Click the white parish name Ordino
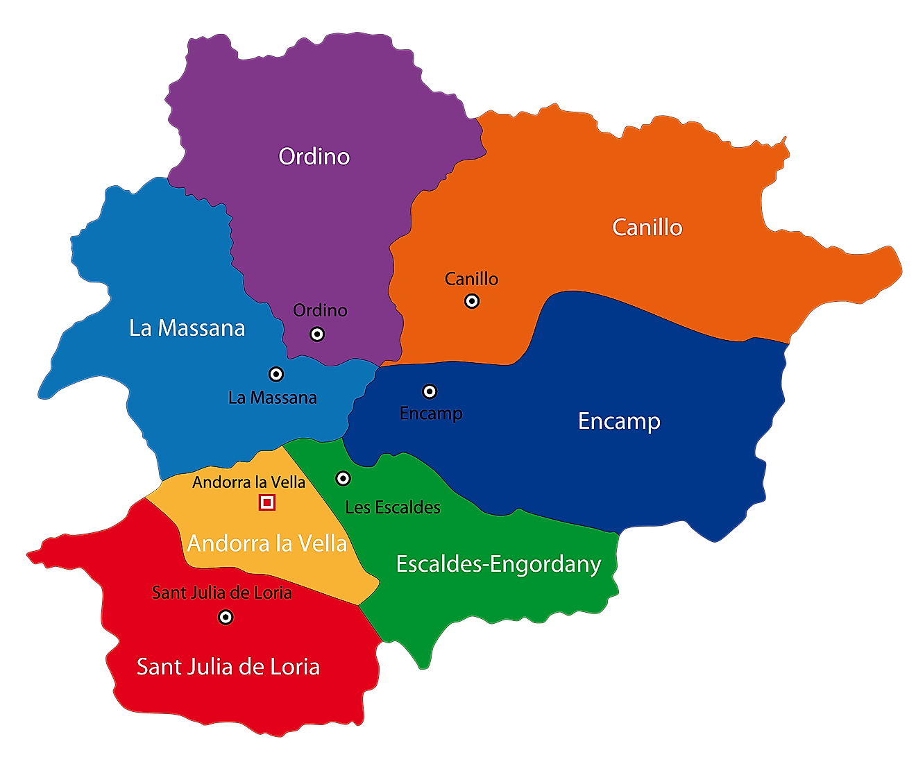coord(314,156)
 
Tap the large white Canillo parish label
coord(647,228)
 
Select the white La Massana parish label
coord(187,328)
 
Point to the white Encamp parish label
coord(619,421)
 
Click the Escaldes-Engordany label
coord(498,564)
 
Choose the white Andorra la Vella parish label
coord(267,543)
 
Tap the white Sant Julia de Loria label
coord(228,667)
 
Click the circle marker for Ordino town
coord(317,334)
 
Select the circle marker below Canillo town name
coord(472,301)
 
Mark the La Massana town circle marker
coord(276,375)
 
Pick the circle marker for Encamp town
coord(430,391)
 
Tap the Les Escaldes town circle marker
coord(343,479)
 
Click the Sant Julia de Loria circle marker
coord(226,617)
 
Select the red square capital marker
coord(267,502)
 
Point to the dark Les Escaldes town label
coord(393,507)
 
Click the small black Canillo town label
coord(471,279)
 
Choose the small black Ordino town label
coord(320,310)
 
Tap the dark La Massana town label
coord(272,398)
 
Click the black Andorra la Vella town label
coord(248,482)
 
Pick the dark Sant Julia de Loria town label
coord(221,593)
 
